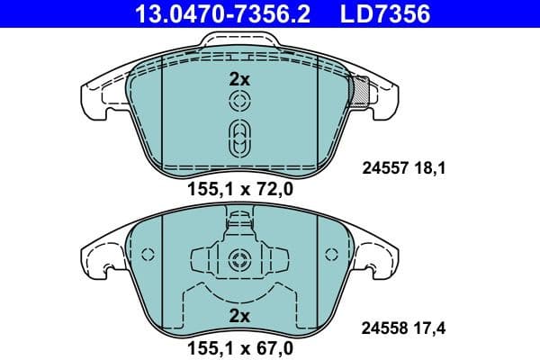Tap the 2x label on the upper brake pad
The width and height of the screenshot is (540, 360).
[x=238, y=79]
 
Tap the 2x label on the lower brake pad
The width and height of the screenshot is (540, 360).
[x=238, y=316]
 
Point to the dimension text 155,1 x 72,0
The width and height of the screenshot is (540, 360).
[x=239, y=189]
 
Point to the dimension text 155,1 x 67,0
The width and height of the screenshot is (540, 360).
[x=239, y=344]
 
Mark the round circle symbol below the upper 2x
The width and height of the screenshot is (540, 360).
[x=239, y=103]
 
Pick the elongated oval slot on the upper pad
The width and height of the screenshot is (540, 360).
[x=239, y=137]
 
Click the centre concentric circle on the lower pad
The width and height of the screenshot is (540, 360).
[x=239, y=262]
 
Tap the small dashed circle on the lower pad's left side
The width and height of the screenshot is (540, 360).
[x=149, y=255]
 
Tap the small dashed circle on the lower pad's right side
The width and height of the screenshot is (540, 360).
[x=329, y=255]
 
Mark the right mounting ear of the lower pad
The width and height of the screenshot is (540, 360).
[x=378, y=256]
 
